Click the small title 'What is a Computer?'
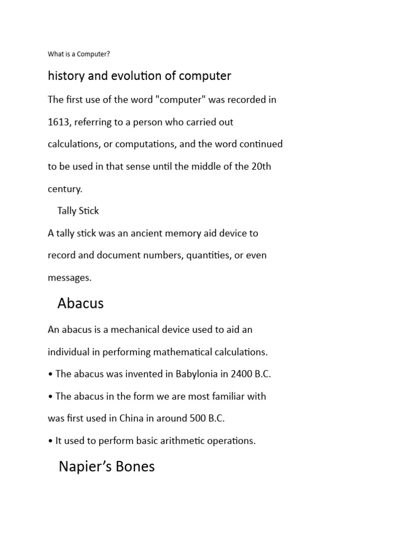pos(79,54)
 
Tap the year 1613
pos(59,122)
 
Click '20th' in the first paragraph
pos(261,167)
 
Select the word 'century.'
pos(65,189)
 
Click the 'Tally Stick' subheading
pos(78,211)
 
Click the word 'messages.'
pos(70,278)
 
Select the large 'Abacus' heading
pos(80,303)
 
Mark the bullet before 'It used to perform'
pos(50,441)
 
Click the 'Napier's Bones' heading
pos(106,467)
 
